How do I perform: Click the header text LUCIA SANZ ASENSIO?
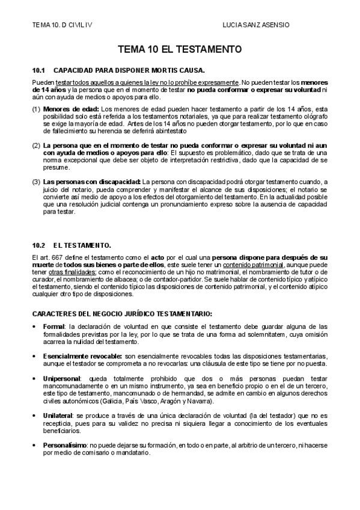tap(256, 25)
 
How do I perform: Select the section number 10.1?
tap(39, 70)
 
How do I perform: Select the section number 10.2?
tap(39, 245)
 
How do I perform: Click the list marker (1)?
tap(37, 109)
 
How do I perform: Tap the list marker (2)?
tap(37, 146)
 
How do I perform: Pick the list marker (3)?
tap(37, 182)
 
